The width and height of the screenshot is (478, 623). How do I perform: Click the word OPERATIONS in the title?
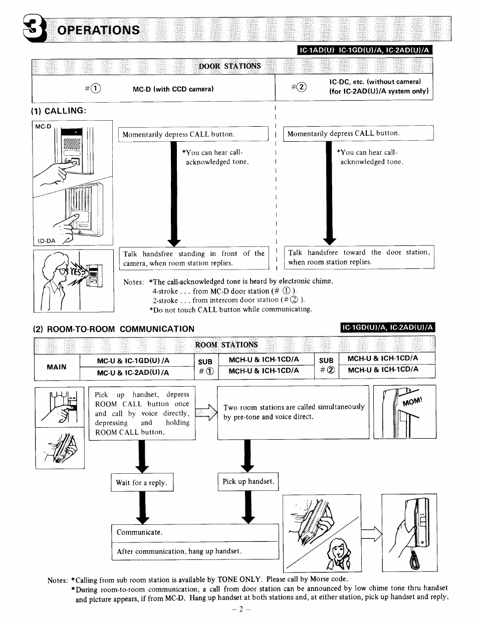tap(98, 30)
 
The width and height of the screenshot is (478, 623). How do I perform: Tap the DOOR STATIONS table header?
tap(229, 66)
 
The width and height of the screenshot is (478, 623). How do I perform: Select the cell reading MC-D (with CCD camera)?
tap(173, 89)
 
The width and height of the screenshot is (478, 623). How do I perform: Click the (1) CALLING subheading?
tap(59, 110)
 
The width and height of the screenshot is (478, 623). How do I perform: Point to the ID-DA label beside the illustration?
tap(46, 241)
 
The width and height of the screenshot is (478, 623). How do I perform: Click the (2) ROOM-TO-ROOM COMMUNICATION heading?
tap(113, 329)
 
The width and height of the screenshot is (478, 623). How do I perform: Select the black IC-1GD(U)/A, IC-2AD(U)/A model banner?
tap(387, 328)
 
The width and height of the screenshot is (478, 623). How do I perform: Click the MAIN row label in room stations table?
tap(57, 367)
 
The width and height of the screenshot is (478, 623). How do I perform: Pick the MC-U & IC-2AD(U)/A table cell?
tap(133, 373)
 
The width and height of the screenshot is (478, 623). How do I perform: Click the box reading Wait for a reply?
tap(141, 483)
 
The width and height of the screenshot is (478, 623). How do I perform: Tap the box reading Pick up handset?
tap(248, 481)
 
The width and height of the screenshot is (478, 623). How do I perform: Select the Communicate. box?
tap(194, 532)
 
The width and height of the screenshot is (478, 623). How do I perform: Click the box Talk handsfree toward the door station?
tap(359, 257)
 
